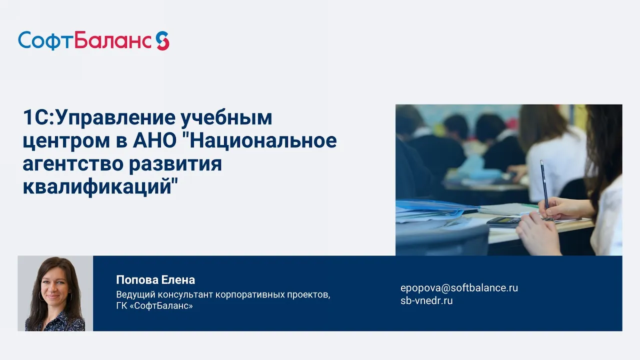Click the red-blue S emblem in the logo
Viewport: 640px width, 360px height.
click(162, 40)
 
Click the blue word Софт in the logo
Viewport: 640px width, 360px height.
click(46, 41)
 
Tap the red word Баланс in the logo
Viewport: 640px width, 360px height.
click(113, 40)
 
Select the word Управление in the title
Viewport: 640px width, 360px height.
click(115, 117)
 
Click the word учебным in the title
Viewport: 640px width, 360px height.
click(226, 117)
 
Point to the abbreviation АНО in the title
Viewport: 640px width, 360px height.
click(154, 140)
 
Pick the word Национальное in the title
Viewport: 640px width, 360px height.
click(263, 140)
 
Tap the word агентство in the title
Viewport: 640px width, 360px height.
click(73, 164)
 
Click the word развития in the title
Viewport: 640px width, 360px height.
click(175, 164)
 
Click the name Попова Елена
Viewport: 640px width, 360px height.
click(155, 280)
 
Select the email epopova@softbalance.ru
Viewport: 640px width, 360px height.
click(459, 287)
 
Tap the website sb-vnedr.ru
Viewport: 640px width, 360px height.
click(426, 300)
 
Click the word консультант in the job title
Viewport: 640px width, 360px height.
click(184, 294)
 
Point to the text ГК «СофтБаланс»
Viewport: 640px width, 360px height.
click(154, 306)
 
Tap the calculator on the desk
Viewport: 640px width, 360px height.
click(503, 221)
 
